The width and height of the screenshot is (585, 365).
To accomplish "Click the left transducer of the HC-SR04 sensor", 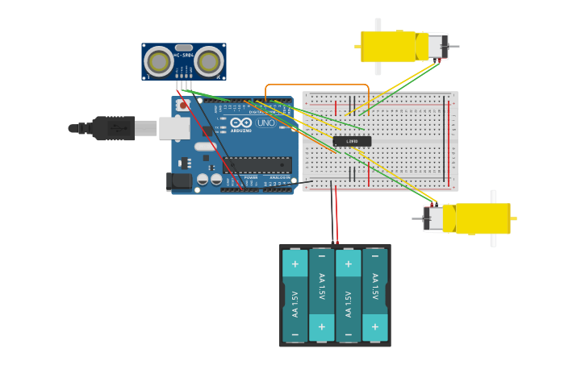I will click(159, 61).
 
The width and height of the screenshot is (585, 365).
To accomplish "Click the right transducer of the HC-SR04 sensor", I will click(208, 61).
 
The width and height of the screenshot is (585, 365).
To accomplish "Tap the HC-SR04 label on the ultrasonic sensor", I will click(184, 55).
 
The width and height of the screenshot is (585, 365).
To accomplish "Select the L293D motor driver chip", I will click(352, 141).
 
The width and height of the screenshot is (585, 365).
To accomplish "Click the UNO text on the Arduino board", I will click(265, 123).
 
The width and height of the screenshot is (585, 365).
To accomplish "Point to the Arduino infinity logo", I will click(241, 123).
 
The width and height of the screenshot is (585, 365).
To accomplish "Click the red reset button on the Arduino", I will click(184, 106).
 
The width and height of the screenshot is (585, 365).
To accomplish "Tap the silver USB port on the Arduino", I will click(173, 127).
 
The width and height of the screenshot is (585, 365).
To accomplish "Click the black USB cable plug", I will click(113, 127).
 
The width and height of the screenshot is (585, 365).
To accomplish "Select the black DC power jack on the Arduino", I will click(179, 182).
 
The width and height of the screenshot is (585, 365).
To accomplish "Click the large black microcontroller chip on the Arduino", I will click(257, 164).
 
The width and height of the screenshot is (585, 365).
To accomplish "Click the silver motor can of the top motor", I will click(436, 46).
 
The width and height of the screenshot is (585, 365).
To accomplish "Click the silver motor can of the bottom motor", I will click(434, 218).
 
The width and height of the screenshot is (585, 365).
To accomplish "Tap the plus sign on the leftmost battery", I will click(295, 263).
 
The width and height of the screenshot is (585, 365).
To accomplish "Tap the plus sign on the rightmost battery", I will click(374, 326).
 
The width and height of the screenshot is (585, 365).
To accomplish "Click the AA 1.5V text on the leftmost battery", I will click(295, 303).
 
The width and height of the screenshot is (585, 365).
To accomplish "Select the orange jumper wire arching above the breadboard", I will click(316, 84).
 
